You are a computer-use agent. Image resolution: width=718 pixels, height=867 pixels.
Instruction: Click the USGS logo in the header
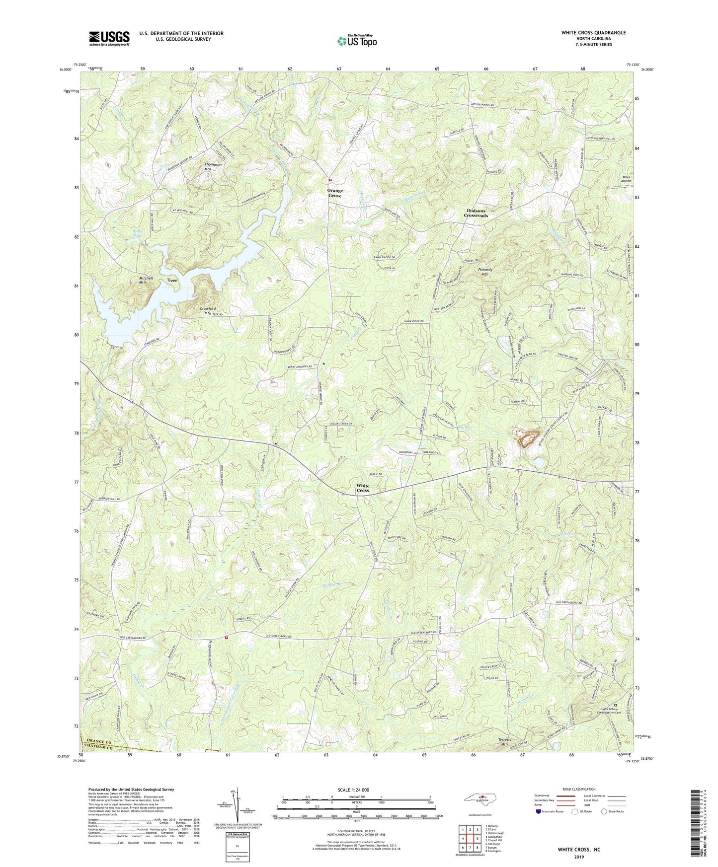(109, 38)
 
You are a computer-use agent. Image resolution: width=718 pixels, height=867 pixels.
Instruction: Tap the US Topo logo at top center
(356, 41)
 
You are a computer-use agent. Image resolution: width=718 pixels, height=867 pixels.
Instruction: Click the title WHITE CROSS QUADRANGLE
(593, 33)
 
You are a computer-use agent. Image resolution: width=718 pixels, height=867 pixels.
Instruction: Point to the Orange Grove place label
(334, 193)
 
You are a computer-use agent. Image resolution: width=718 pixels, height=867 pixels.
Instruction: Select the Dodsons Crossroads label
(476, 213)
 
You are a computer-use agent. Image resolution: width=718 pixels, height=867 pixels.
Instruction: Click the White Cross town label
(363, 488)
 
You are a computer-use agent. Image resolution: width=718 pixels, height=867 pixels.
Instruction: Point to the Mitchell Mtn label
(146, 280)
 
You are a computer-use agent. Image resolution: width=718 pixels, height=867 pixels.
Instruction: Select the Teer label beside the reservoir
(172, 281)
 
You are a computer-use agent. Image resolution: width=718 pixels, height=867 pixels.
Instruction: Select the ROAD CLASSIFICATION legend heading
(579, 789)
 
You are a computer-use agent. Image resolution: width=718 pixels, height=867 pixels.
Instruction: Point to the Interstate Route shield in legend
(539, 811)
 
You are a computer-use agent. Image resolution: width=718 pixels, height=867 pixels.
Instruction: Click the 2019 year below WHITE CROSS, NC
(578, 857)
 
